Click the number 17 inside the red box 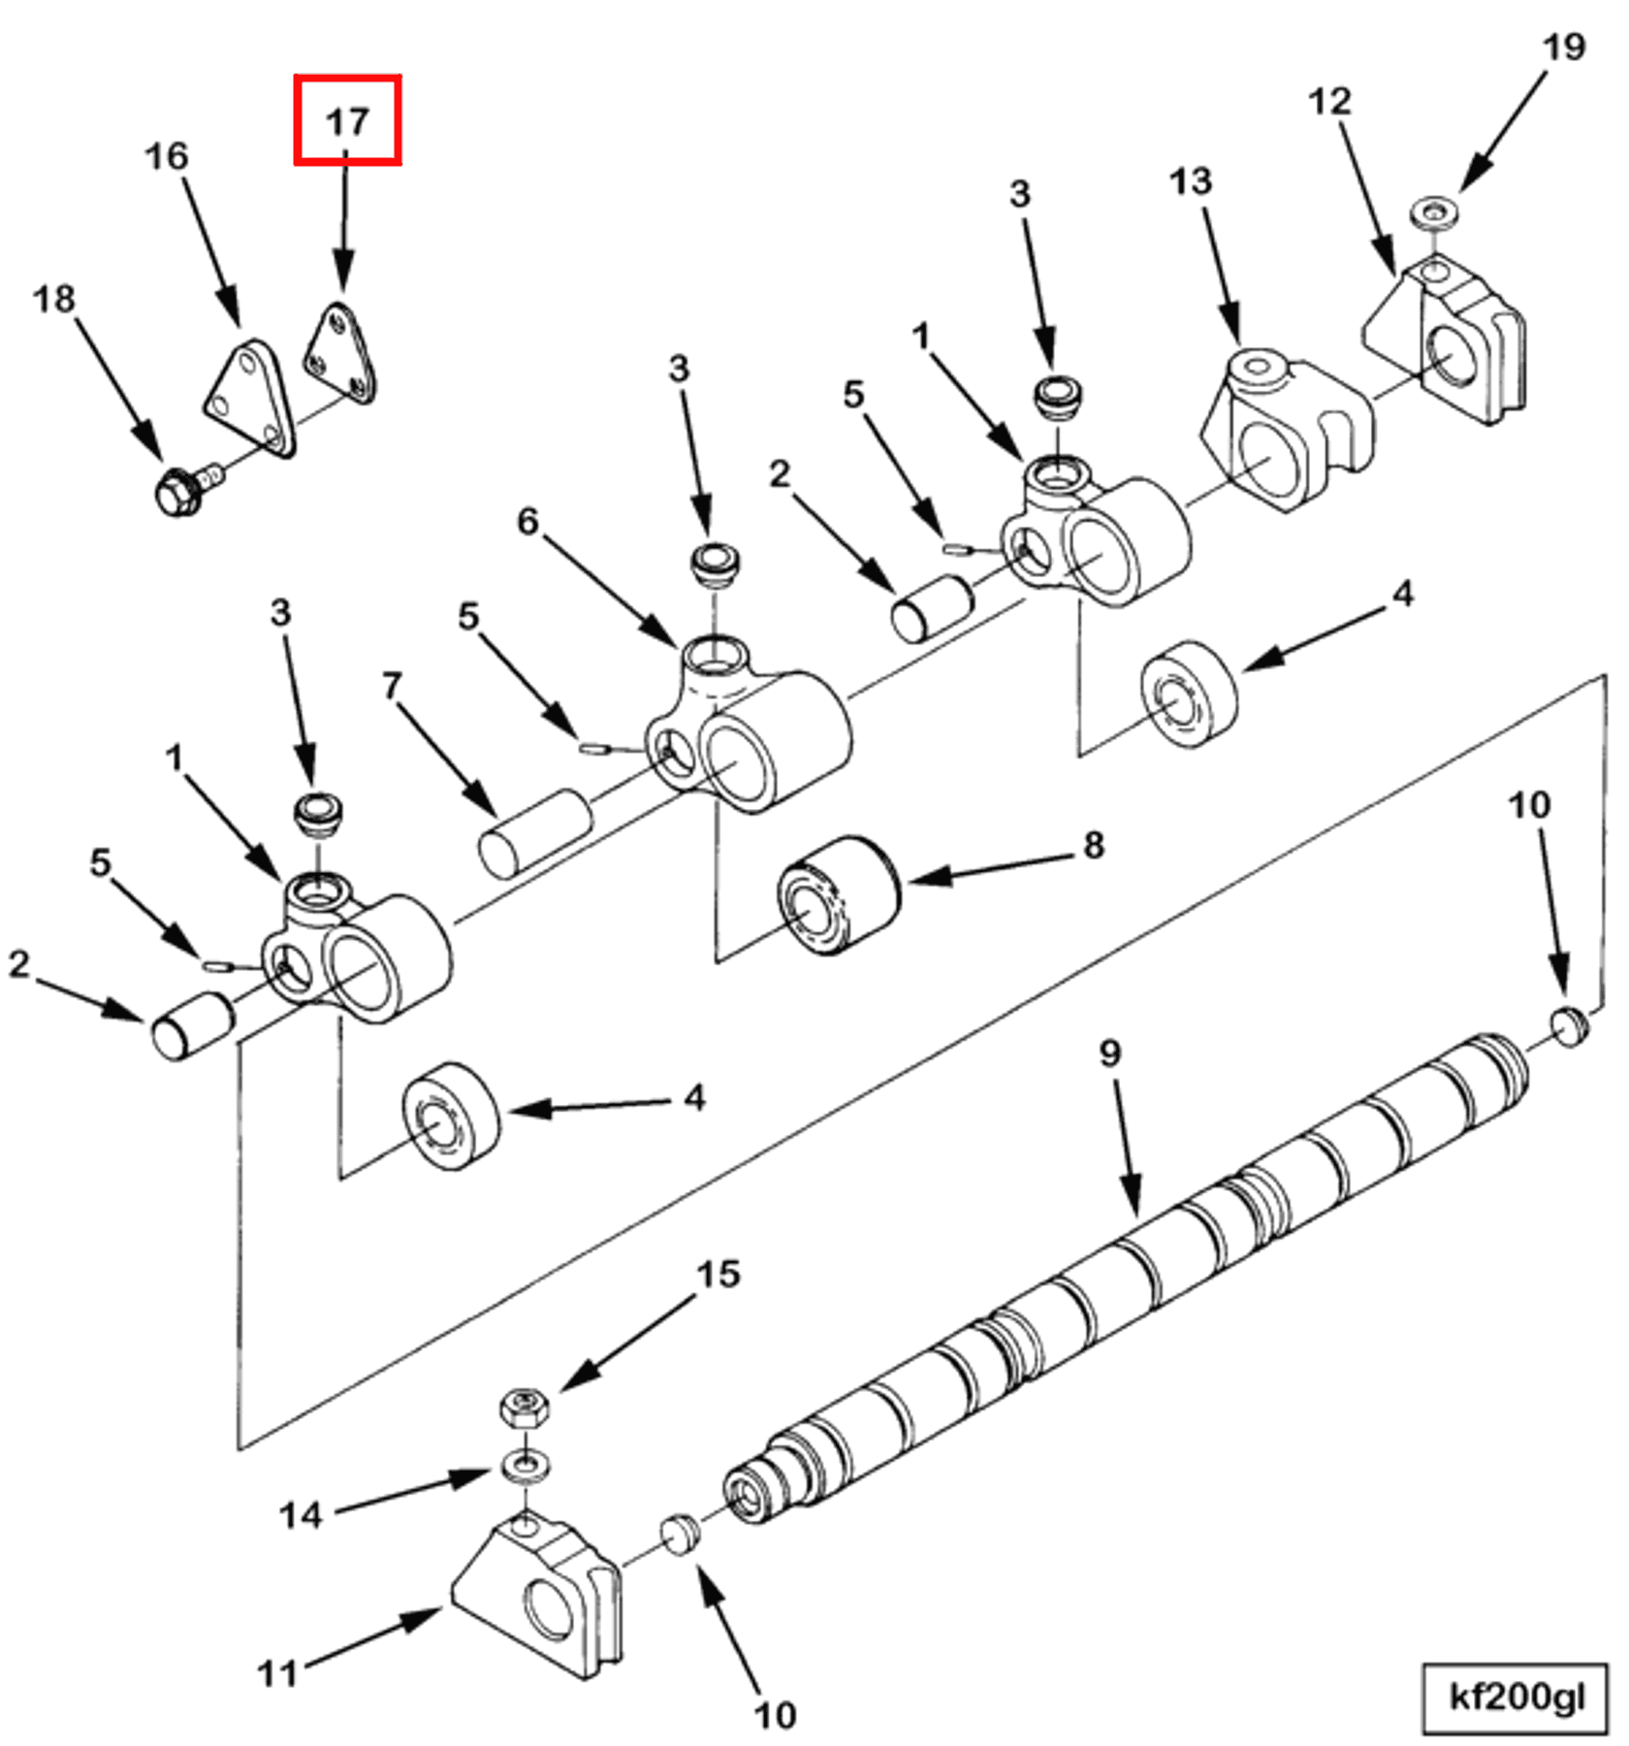[347, 121]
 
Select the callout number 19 [1563, 47]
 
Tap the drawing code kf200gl [1516, 1697]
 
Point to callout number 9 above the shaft [1110, 1053]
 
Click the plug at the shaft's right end [1570, 1026]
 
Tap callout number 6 [527, 522]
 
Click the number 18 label [53, 299]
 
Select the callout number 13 [1190, 181]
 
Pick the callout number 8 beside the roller [1093, 845]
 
